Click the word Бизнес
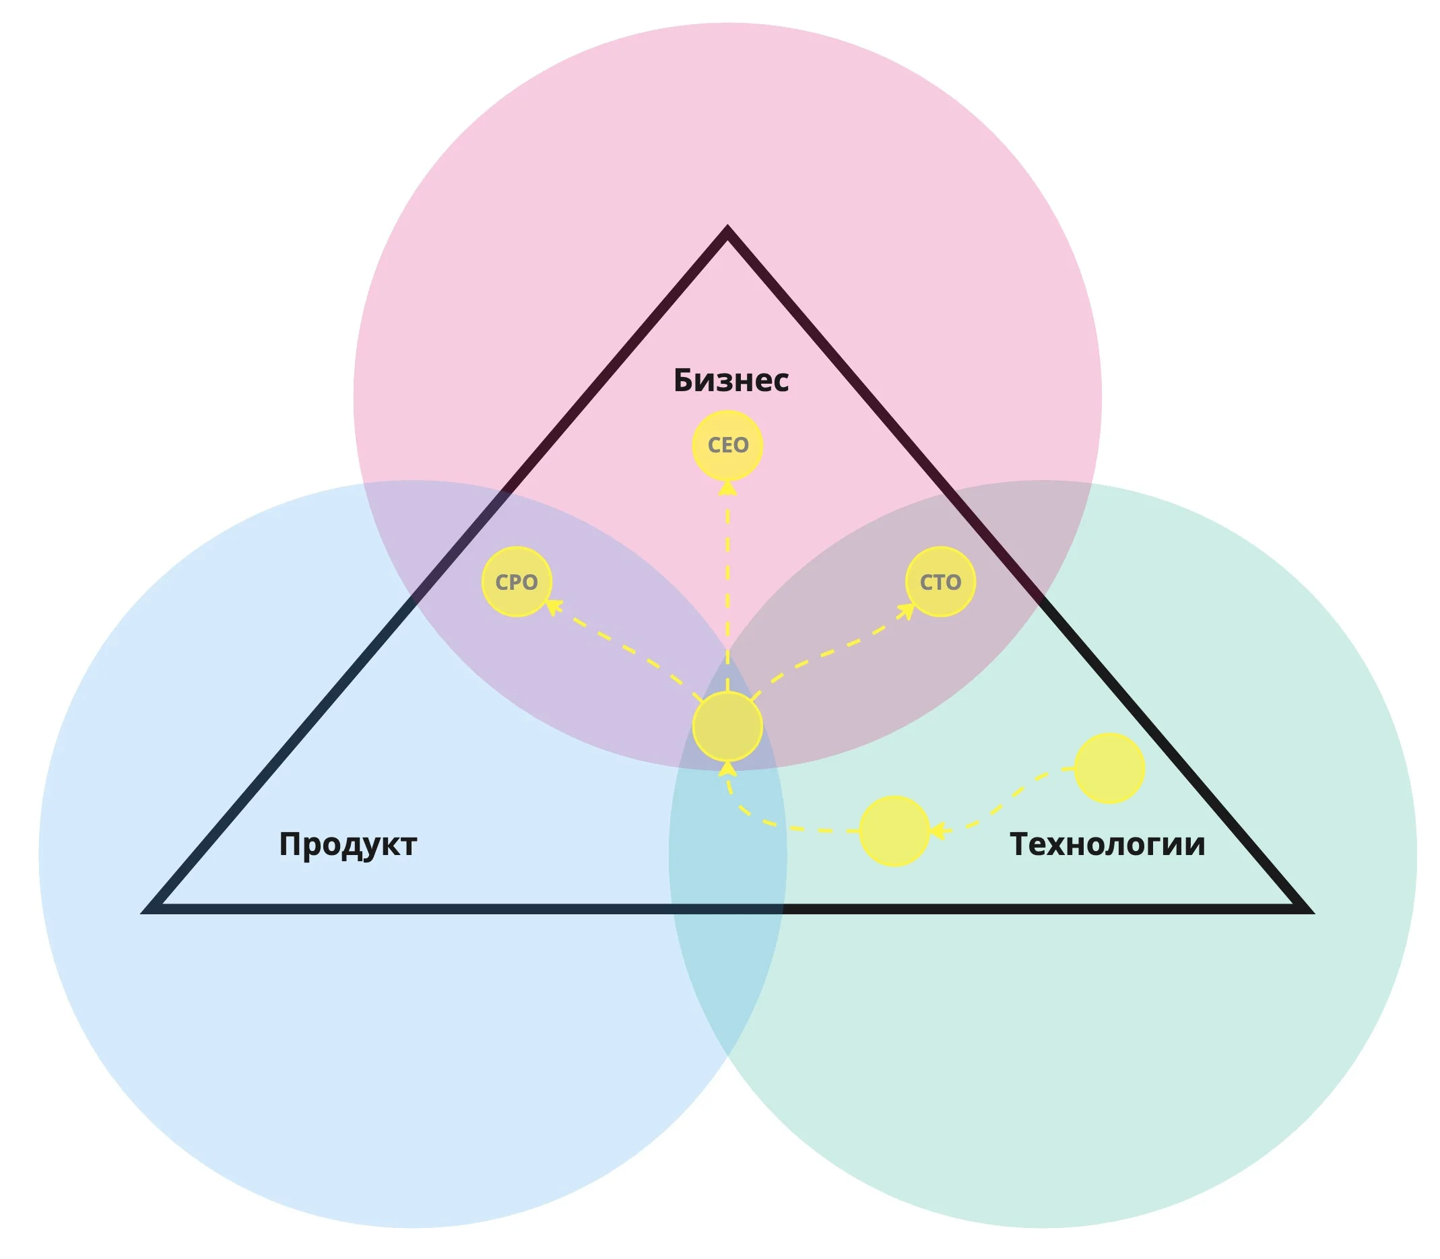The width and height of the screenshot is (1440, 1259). point(730,380)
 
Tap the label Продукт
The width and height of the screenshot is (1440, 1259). point(348,844)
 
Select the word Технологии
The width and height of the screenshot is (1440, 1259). point(1107,844)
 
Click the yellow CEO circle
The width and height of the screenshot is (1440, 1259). point(727,446)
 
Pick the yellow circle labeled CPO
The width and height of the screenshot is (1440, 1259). point(517,582)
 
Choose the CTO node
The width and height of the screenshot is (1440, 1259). point(940,582)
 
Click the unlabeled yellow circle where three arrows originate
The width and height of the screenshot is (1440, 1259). point(727,726)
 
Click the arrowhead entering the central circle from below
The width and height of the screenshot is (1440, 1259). point(727,768)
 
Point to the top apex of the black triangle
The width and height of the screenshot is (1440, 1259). point(727,232)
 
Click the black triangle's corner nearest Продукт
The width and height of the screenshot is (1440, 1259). point(151,909)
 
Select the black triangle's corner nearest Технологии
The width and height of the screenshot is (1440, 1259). point(1304,909)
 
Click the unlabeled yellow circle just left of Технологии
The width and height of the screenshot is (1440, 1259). point(894,831)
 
